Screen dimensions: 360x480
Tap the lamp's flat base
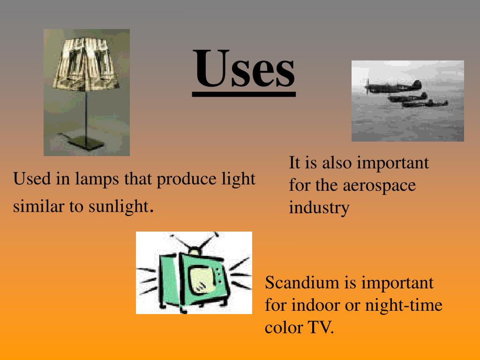[x=84, y=140]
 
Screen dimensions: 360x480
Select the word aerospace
[x=379, y=185]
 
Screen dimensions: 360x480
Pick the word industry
[x=319, y=208]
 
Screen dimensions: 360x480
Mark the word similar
[x=33, y=206]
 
